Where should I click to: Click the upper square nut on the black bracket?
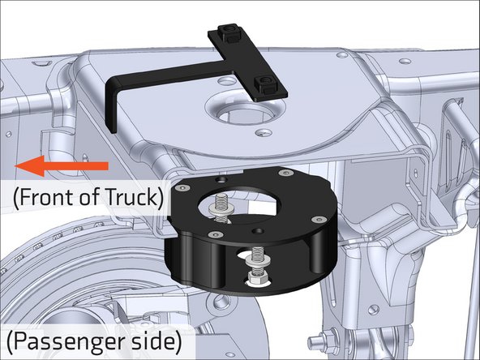(229, 35)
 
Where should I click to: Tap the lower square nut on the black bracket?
(265, 85)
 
